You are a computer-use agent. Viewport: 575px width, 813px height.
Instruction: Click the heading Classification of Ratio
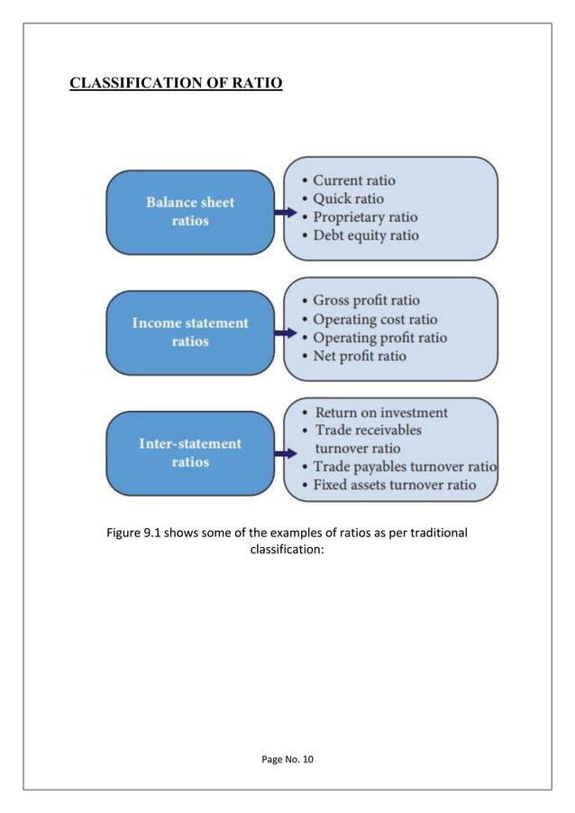coord(177,85)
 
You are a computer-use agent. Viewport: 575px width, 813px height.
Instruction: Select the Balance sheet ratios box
coord(190,212)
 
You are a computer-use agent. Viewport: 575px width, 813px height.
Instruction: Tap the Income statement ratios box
coord(190,332)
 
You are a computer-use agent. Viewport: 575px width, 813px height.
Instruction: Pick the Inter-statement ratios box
coord(190,452)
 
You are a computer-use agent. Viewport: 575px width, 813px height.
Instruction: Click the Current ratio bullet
coord(354,180)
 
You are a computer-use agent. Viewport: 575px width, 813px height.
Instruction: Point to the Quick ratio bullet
coord(348,198)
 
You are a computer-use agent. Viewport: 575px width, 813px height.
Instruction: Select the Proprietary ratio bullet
coord(365,217)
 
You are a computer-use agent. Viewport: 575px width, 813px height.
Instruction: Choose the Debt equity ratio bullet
coord(366,235)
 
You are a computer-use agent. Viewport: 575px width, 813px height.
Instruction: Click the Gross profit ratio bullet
coord(366,300)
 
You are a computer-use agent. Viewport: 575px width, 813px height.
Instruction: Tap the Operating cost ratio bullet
coord(375,319)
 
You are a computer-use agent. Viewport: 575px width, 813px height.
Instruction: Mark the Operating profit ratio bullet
coord(379,338)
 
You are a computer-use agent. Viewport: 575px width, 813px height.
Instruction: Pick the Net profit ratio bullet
coord(360,356)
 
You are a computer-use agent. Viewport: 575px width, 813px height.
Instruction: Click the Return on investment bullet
coord(380,412)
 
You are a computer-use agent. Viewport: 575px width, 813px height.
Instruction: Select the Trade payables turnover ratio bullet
coord(405,467)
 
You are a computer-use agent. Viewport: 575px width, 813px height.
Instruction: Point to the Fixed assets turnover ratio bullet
coord(395,485)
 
